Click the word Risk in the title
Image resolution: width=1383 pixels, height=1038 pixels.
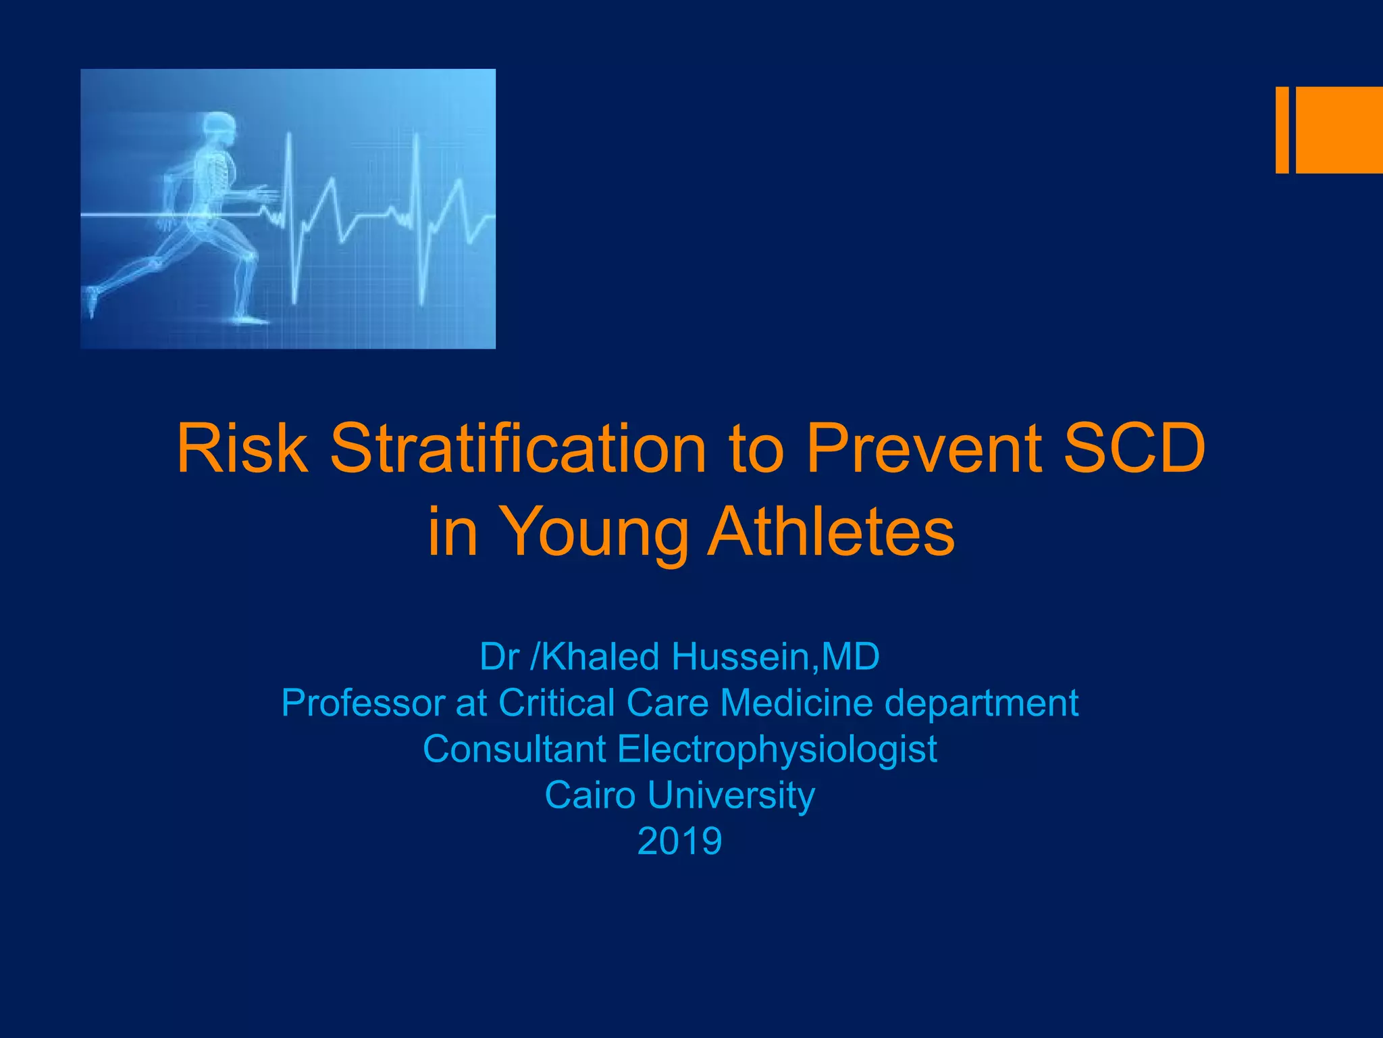click(x=242, y=449)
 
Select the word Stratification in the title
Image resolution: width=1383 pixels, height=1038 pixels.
click(x=517, y=449)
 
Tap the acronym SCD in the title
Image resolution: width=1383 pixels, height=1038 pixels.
click(x=1134, y=449)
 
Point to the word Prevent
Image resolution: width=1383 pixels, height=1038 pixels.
click(x=922, y=449)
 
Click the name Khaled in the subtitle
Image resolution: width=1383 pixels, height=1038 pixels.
click(x=600, y=656)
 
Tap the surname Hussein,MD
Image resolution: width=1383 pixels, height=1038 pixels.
click(x=776, y=656)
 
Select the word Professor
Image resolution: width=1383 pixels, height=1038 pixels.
click(x=362, y=703)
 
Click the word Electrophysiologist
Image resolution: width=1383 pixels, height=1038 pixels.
click(x=777, y=749)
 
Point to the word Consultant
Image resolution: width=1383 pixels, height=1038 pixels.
click(x=514, y=749)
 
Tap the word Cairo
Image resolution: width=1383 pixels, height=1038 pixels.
click(x=590, y=795)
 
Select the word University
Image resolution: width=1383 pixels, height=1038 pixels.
click(x=731, y=796)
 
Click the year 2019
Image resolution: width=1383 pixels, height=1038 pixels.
click(x=679, y=841)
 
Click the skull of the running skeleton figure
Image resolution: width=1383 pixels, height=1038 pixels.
click(x=219, y=126)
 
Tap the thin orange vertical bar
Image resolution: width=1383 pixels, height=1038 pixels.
click(x=1282, y=130)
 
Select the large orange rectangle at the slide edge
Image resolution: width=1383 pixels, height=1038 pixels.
click(x=1339, y=130)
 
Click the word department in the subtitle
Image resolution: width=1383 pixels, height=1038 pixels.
click(x=981, y=704)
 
